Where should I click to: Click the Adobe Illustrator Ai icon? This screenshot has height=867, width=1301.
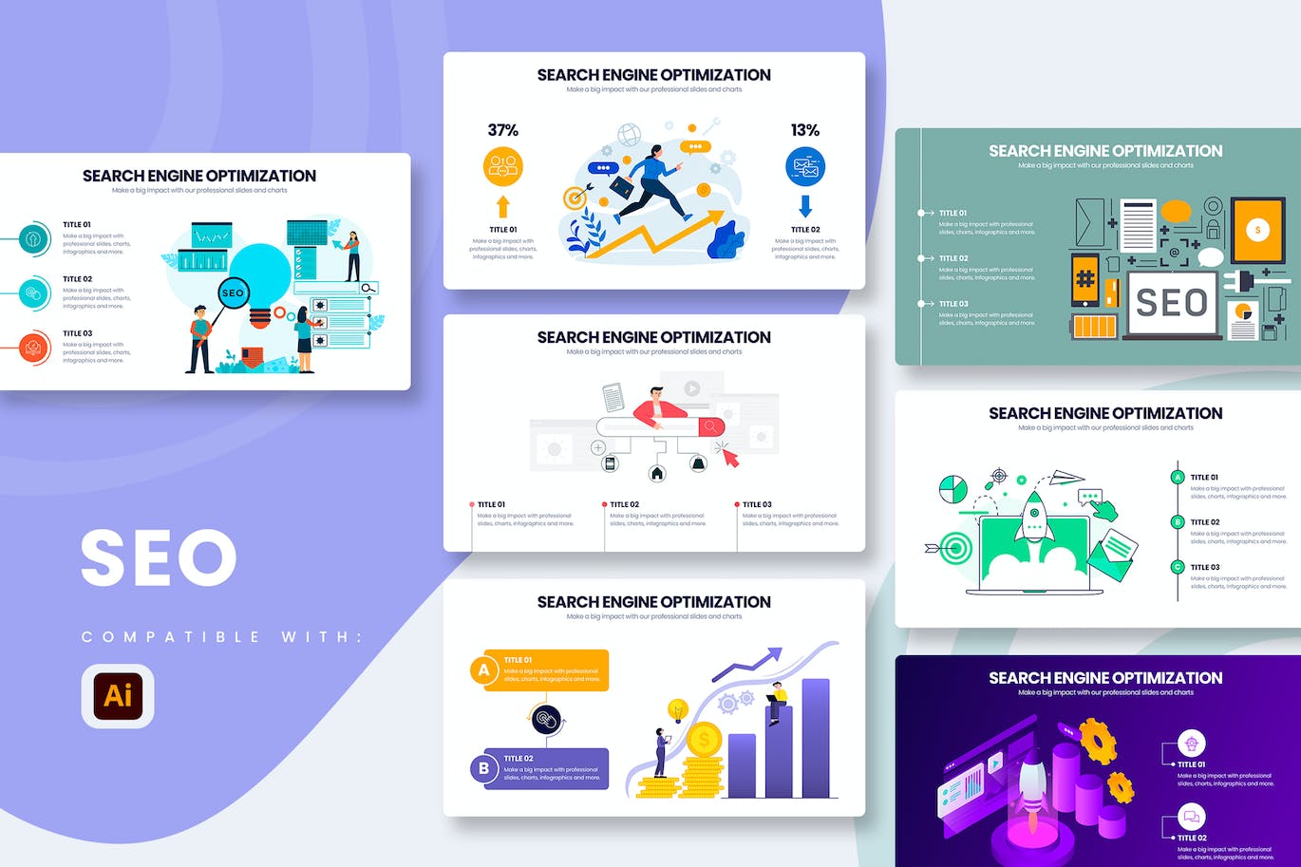click(118, 695)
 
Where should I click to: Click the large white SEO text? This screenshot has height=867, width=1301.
click(159, 557)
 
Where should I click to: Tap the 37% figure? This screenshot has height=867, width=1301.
click(502, 130)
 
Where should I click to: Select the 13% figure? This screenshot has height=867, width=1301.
click(804, 130)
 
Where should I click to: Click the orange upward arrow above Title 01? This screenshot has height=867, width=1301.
click(503, 206)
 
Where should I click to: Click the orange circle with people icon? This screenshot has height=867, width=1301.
click(503, 167)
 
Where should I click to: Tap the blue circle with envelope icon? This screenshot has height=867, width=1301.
click(805, 167)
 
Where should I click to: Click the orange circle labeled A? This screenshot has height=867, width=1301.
click(484, 670)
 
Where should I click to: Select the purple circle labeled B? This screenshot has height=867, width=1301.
click(484, 768)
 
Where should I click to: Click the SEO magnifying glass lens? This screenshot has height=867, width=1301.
click(233, 293)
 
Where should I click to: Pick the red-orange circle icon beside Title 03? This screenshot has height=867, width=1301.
click(34, 348)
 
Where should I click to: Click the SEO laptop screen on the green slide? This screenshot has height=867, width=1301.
click(1172, 303)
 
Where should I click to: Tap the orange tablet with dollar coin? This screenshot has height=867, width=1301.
click(1257, 230)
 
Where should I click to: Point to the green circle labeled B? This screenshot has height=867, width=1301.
click(1178, 521)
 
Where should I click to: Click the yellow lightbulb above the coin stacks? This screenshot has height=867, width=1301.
click(678, 708)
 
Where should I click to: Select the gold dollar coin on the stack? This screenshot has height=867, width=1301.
click(704, 740)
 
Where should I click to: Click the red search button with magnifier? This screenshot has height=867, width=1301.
click(710, 427)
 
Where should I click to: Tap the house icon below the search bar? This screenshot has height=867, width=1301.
click(656, 472)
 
